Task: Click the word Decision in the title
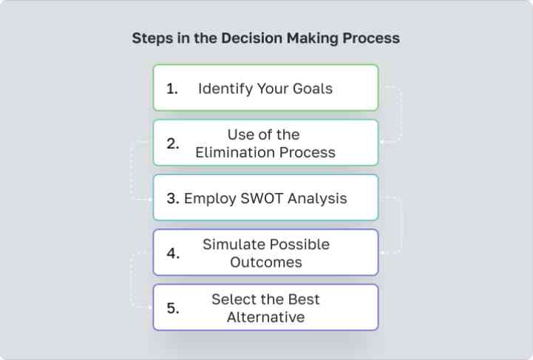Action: click(251, 38)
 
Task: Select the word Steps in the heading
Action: click(152, 38)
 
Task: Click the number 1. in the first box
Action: click(172, 89)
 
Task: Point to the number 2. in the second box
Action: click(173, 143)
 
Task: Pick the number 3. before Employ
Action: click(173, 199)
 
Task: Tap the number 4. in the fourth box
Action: click(173, 254)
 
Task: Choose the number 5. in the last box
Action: click(173, 308)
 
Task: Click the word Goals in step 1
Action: click(313, 89)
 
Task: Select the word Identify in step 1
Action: click(225, 89)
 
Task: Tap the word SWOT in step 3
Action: click(262, 199)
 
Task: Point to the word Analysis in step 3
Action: click(317, 199)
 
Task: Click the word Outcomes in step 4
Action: click(266, 262)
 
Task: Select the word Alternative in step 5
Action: click(266, 317)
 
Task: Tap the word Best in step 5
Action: click(304, 299)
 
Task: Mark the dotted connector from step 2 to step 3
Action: click(131, 170)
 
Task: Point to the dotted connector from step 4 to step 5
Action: click(131, 279)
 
